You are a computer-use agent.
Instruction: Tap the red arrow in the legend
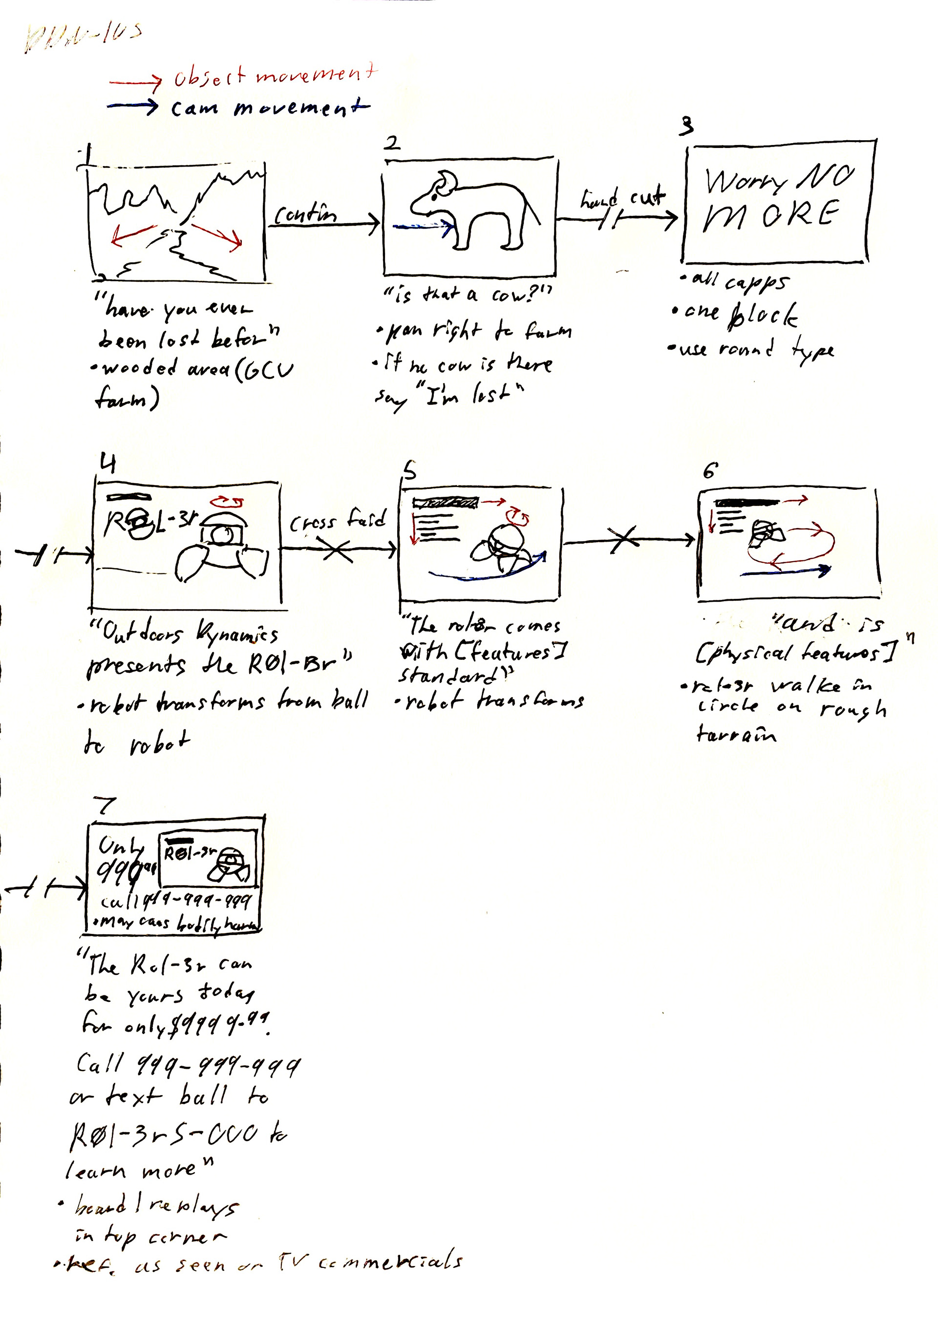coord(135,83)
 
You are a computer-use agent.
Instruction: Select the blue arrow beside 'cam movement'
coord(133,106)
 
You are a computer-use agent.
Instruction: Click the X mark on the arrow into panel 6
coord(623,540)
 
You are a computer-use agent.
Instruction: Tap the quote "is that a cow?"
coord(467,295)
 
